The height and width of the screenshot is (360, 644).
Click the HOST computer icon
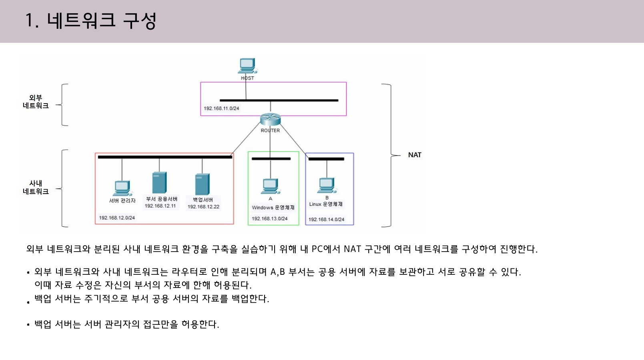[x=247, y=66]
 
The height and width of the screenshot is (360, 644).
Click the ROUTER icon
[x=270, y=119]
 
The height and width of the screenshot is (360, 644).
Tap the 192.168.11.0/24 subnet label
[x=221, y=108]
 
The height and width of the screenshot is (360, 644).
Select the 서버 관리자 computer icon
[x=122, y=188]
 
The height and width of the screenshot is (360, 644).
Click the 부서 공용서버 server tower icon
[x=159, y=183]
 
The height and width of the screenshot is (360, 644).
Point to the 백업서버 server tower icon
[x=202, y=184]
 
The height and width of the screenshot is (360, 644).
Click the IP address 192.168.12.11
[x=160, y=206]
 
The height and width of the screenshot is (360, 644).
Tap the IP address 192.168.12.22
[x=203, y=207]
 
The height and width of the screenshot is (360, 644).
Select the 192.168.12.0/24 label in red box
[x=117, y=218]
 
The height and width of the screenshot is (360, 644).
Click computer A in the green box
[x=270, y=186]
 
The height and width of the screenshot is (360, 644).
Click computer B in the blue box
[x=327, y=185]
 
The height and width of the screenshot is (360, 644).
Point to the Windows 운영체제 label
[x=273, y=208]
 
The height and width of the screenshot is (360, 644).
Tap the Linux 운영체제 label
[x=326, y=204]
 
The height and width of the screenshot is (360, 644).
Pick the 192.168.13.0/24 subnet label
[x=269, y=219]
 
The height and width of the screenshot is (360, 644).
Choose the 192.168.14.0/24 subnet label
[x=326, y=220]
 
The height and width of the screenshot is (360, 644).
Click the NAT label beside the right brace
[x=415, y=155]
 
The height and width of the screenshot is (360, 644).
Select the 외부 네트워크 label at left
[x=36, y=102]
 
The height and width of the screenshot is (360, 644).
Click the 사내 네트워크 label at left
[x=36, y=187]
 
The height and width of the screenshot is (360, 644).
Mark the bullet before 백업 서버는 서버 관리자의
[x=28, y=325]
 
